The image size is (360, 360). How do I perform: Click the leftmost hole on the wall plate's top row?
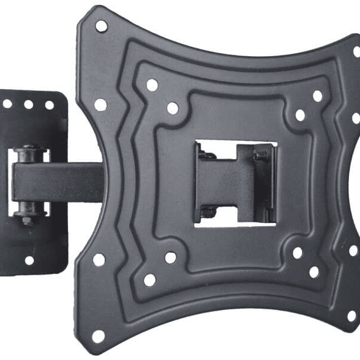click(8, 104)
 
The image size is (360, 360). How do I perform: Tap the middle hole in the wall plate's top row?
click(29, 104)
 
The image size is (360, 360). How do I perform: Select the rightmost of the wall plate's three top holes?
click(50, 105)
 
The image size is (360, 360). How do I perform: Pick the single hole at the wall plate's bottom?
click(30, 260)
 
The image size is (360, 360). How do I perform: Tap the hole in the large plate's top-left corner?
click(101, 26)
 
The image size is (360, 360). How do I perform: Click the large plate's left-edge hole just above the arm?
click(101, 105)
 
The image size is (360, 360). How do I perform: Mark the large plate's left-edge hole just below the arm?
click(99, 260)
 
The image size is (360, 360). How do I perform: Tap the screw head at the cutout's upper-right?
click(258, 156)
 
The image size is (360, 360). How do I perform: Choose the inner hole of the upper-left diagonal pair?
click(172, 108)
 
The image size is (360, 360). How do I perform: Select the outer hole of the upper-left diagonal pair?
click(152, 85)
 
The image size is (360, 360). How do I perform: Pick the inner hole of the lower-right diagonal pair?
click(297, 253)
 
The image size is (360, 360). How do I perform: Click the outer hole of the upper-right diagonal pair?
click(317, 96)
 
